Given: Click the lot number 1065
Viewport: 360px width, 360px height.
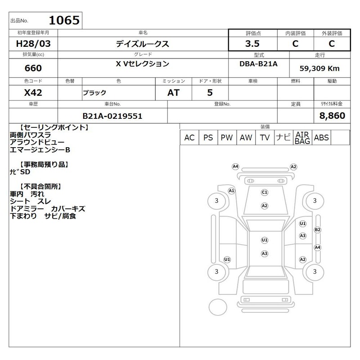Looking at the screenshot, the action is click(64, 20).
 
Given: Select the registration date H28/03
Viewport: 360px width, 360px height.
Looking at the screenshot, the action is click(33, 44).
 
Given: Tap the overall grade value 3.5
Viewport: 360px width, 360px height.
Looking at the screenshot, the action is click(252, 44).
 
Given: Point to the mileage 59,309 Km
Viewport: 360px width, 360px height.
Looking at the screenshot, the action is click(319, 68).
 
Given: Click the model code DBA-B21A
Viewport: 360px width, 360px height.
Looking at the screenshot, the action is click(258, 64).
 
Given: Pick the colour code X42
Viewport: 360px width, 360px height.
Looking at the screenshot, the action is click(33, 93).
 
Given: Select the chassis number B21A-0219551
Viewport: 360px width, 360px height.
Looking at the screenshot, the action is click(112, 116).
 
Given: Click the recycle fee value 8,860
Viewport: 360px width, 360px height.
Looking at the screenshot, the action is click(332, 116).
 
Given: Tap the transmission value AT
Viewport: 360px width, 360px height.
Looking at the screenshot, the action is click(173, 93).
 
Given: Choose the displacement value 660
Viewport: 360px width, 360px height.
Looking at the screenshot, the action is click(33, 68).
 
